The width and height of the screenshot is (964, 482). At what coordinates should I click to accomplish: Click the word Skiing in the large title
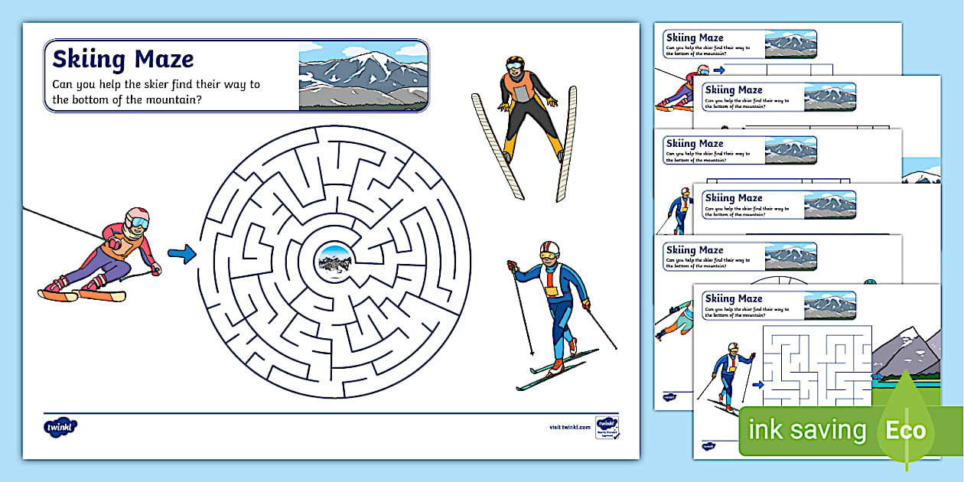[89, 59]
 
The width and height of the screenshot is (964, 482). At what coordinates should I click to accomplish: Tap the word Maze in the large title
[164, 59]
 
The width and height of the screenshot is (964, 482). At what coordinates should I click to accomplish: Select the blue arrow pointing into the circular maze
[181, 255]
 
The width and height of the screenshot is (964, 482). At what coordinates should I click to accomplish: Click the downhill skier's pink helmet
[137, 218]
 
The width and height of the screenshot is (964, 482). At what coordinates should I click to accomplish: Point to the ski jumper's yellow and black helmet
[516, 64]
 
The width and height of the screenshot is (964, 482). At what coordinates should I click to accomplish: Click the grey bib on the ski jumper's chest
[523, 91]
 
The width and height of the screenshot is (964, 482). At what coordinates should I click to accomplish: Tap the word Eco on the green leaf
[906, 430]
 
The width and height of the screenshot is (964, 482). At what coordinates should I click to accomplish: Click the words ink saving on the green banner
[807, 430]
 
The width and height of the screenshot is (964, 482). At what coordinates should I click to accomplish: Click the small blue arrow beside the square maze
[758, 386]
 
